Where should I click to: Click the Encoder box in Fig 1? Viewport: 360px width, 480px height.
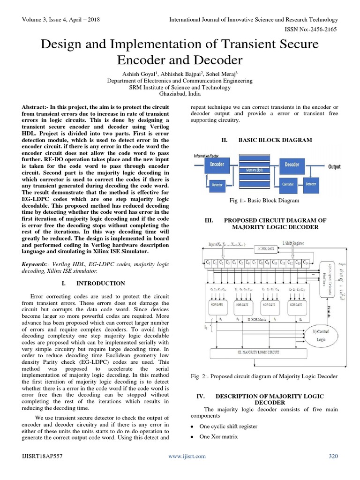(217, 165)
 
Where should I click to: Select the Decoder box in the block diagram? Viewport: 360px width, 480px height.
(292, 164)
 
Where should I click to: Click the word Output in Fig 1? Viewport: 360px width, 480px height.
(334, 167)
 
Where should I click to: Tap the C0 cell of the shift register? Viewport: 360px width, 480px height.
(209, 262)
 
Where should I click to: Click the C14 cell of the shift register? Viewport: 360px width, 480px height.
(306, 262)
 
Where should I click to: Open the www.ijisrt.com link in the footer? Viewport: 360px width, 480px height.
(187, 456)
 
